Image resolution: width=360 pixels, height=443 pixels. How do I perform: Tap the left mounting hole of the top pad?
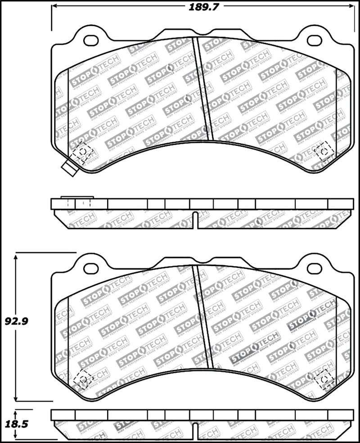click(91, 41)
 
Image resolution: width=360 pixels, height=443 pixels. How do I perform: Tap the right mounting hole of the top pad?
click(315, 41)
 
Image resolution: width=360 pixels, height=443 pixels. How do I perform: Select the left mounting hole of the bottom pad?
click(91, 268)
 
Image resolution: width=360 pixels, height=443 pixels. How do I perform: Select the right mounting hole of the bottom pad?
click(315, 268)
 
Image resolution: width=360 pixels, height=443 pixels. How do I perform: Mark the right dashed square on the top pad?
click(324, 152)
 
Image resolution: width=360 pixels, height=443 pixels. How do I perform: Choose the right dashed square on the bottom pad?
click(324, 379)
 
